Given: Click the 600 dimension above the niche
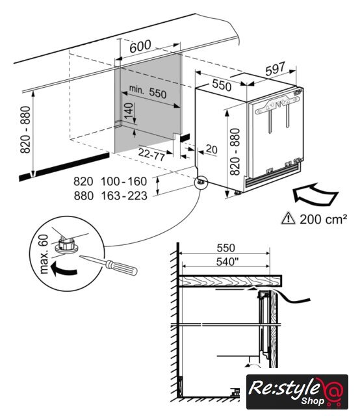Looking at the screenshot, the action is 140,46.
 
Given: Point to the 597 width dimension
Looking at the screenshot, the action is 275,69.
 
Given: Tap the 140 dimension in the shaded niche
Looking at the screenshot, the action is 129,110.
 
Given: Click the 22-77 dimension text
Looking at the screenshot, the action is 151,154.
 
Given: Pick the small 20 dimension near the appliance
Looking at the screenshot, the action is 211,149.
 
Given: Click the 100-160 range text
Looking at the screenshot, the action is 124,181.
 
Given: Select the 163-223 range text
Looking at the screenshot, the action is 124,196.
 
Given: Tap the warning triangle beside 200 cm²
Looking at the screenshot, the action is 288,218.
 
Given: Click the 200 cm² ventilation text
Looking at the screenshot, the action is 323,219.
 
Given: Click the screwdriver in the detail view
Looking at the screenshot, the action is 109,265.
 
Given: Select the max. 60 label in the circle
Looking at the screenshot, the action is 44,254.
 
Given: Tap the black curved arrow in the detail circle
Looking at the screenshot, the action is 63,269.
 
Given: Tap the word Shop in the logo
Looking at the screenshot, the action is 313,401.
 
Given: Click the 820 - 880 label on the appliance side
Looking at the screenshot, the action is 235,151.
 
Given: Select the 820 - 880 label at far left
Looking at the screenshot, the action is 25,129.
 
